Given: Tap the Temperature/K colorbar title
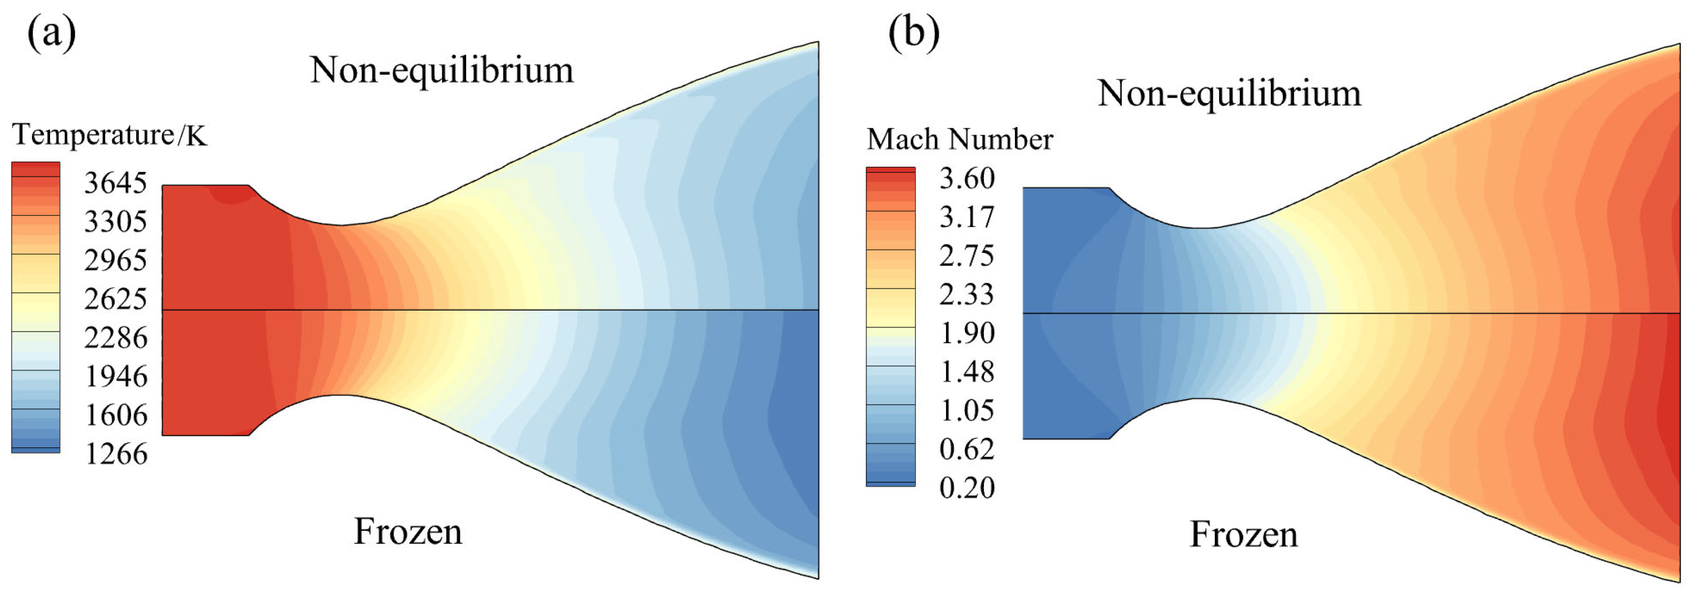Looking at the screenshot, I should (x=109, y=135).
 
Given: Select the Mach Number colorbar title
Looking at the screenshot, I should (x=960, y=140).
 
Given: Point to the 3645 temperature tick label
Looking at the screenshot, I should (x=116, y=183).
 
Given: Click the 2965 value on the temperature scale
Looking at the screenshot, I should (x=116, y=260).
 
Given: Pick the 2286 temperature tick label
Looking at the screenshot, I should (x=116, y=338).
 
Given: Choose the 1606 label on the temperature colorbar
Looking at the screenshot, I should (x=116, y=415).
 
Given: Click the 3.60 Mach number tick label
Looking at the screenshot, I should (x=967, y=178).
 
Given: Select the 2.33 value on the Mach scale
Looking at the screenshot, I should (x=967, y=294).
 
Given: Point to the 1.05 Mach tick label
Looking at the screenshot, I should (x=967, y=411).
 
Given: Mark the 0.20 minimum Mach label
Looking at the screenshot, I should (x=967, y=488).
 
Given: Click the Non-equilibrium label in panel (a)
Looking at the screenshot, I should (x=442, y=70).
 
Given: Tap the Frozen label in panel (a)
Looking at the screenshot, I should (x=408, y=531).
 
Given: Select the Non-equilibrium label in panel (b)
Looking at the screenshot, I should (x=1229, y=93).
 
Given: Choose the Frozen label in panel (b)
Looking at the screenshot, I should (x=1243, y=535).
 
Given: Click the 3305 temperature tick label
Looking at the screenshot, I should (x=116, y=222).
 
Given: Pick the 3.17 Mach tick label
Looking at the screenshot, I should (x=967, y=217).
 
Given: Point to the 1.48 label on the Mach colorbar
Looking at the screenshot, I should (x=967, y=372).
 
